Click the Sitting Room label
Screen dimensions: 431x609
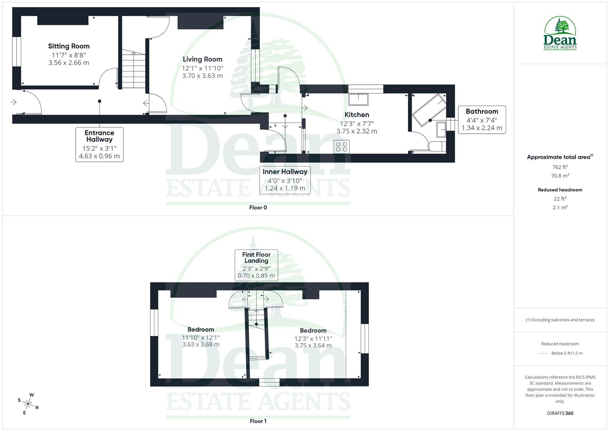pos(69,46)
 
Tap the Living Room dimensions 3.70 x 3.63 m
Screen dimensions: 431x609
pos(202,76)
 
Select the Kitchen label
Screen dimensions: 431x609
pos(357,115)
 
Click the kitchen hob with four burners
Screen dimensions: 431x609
pos(342,146)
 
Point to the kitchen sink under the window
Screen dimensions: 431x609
pos(358,99)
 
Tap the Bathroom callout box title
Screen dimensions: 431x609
pos(482,112)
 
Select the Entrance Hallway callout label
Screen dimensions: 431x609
pos(99,136)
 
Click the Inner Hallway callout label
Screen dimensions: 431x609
pos(285,172)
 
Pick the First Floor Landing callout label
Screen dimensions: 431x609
pos(256,258)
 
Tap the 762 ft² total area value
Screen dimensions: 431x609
pos(560,167)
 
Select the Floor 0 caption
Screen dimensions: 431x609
pos(258,208)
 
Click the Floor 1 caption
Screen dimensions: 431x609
pos(258,421)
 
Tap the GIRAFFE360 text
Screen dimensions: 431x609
pos(560,413)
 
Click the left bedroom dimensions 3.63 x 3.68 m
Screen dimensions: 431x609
pos(201,344)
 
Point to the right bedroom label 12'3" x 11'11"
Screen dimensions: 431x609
pos(313,338)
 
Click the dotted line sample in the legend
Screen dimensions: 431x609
pos(543,353)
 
